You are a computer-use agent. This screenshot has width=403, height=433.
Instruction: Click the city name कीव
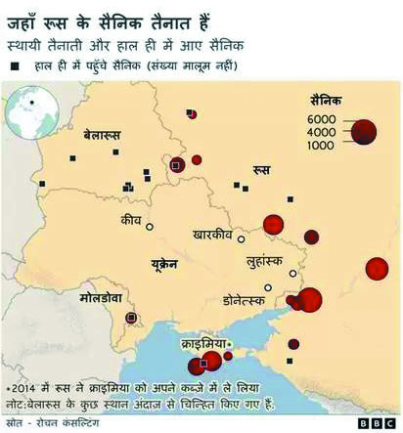[x=130, y=222]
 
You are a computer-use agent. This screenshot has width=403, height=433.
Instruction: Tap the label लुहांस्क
[x=263, y=264]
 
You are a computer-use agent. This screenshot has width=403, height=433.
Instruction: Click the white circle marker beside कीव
[x=150, y=227]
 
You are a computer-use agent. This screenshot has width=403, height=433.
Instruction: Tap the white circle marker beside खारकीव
[x=242, y=237]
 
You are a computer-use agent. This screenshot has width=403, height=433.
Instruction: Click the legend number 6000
[x=322, y=119]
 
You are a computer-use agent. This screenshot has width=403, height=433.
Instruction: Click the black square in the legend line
[x=15, y=65]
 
